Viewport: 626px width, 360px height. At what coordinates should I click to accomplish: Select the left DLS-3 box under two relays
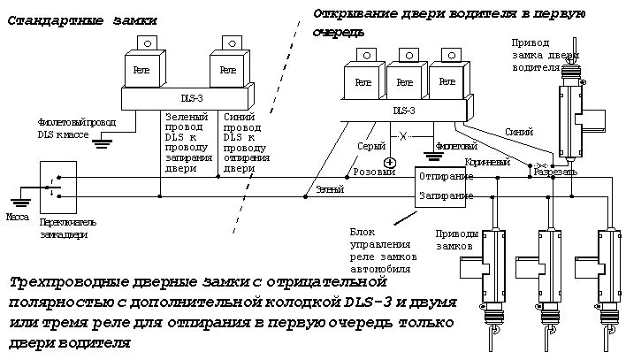click(185, 96)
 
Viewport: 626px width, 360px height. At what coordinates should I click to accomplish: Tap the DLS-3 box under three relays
click(402, 111)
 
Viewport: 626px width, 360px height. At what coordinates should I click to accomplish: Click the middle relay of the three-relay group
click(402, 81)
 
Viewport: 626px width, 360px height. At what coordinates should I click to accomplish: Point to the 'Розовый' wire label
click(373, 172)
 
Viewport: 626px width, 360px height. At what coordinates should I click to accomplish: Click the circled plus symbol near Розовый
click(389, 162)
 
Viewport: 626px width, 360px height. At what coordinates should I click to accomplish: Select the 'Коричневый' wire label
click(487, 162)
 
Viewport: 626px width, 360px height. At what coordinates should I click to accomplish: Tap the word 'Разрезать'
click(554, 172)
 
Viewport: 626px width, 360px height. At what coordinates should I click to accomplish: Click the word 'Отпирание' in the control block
click(446, 176)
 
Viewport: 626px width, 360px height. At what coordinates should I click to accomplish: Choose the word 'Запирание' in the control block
click(446, 194)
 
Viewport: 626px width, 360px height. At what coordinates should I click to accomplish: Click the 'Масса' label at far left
click(18, 215)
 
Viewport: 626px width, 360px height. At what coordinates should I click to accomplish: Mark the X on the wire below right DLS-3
click(403, 137)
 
